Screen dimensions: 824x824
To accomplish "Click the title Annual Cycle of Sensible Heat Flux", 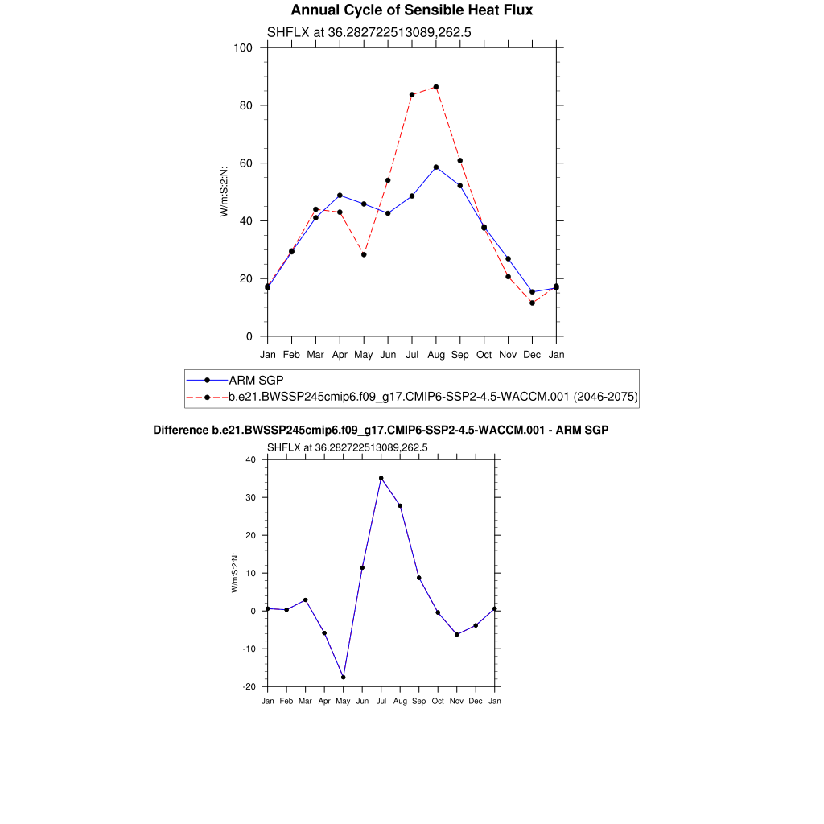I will click(411, 10).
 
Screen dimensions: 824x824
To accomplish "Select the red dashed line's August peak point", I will click(436, 87).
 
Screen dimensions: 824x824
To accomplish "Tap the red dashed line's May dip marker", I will click(364, 254).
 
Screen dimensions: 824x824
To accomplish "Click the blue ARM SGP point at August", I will click(436, 167).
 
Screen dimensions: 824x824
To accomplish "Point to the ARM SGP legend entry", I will click(256, 380).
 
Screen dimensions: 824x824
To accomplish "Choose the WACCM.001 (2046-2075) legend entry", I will click(433, 397).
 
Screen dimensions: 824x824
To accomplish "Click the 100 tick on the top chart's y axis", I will click(244, 47).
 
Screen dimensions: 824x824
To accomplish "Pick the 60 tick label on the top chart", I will click(247, 163).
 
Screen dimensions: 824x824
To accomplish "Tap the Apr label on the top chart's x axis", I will click(340, 354).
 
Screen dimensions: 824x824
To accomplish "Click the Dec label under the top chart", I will click(532, 354).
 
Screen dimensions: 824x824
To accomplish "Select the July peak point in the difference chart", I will click(381, 478).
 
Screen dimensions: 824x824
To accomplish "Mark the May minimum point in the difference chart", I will click(344, 677).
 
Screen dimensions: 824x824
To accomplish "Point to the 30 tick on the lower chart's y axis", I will click(250, 497).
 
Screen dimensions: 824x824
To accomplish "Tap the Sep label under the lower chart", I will click(419, 702).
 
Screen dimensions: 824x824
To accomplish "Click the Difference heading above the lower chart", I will click(381, 431).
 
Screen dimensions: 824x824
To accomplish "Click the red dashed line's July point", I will click(412, 94).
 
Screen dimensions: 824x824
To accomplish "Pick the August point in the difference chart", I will click(400, 505).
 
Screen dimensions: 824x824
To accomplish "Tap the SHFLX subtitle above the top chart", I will click(369, 32).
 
